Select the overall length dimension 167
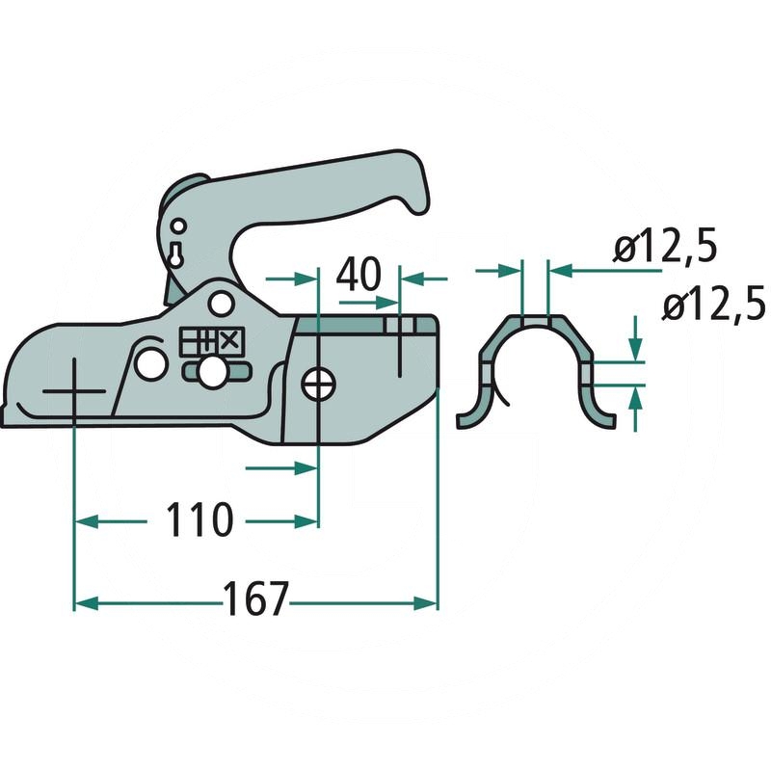coord(256,600)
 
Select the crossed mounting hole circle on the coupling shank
coord(317,385)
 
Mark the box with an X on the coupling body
coord(229,340)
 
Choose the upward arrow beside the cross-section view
coord(636,399)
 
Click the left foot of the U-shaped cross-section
coord(469,417)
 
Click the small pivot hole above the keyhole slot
coord(176,226)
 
